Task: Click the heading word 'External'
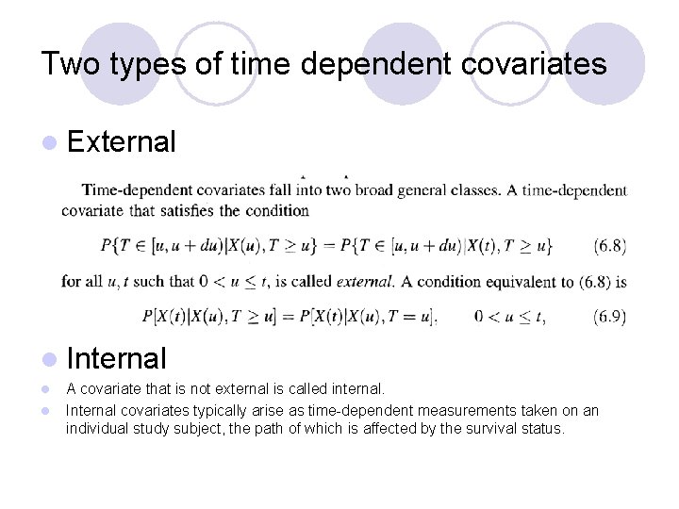coord(122,142)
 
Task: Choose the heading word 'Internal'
coord(117,358)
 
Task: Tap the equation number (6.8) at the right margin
coord(609,246)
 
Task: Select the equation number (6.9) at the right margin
coord(609,317)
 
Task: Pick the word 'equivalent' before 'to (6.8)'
coord(514,281)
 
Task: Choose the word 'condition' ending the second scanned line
coord(278,210)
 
